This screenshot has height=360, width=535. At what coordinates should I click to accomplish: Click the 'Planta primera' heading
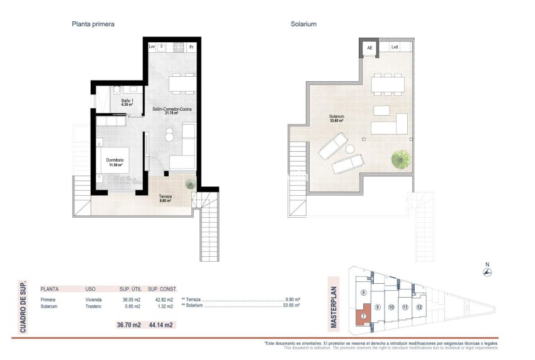[x=93, y=24]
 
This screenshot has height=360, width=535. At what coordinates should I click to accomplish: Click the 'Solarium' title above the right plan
[x=303, y=24]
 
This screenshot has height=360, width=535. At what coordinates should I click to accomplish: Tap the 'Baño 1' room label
[x=128, y=101]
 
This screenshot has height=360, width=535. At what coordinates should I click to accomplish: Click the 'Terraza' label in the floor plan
[x=164, y=198]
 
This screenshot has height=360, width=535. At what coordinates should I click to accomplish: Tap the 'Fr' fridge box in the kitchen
[x=191, y=47]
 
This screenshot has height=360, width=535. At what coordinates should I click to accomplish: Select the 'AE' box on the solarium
[x=369, y=47]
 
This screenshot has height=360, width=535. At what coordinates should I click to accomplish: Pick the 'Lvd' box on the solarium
[x=395, y=47]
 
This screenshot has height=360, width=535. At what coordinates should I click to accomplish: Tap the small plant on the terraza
[x=190, y=184]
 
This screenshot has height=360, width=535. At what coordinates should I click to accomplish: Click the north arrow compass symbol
[x=487, y=272]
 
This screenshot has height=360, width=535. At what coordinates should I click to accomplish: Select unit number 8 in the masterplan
[x=364, y=292]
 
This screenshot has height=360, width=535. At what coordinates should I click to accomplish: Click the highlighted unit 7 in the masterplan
[x=363, y=316]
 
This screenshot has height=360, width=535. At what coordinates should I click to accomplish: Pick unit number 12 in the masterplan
[x=420, y=307]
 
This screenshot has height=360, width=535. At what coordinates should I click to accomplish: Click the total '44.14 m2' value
[x=161, y=325]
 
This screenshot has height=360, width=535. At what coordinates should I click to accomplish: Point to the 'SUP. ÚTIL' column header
[x=130, y=288]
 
